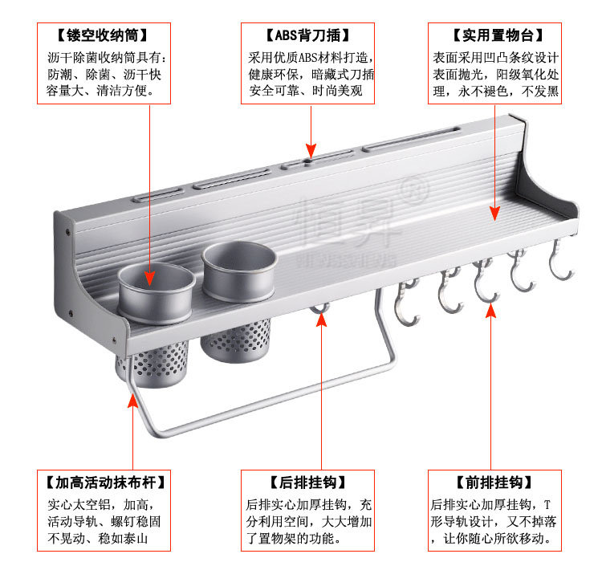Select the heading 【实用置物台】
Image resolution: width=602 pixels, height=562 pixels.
(498, 36)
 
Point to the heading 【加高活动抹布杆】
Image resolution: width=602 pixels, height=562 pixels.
(103, 483)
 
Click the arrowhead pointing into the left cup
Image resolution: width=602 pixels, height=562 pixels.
(150, 277)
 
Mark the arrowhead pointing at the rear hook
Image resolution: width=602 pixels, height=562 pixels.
(321, 319)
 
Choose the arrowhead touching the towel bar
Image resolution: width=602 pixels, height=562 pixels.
(132, 400)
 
